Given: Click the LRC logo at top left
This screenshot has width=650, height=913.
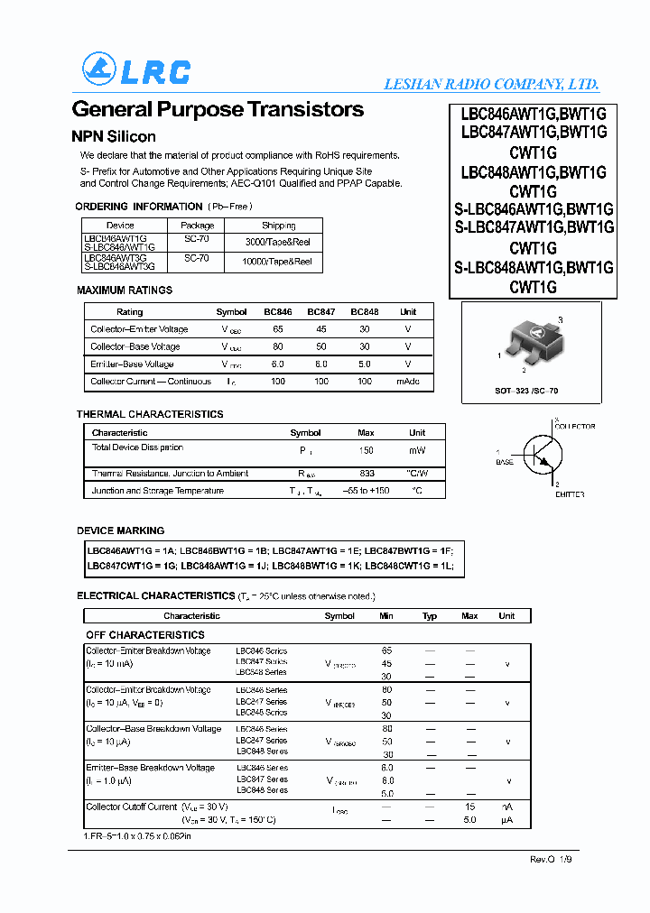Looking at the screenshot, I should pos(135,69).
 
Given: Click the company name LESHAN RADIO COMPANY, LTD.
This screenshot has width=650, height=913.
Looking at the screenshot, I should pos(491,84).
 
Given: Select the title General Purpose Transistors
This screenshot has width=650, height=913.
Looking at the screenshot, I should pos(218,110).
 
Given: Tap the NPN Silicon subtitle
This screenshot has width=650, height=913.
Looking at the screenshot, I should pos(114,137).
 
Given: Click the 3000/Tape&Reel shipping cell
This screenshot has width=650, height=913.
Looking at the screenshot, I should pos(278,242).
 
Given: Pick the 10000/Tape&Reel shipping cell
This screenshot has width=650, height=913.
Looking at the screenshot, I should pos(278,262).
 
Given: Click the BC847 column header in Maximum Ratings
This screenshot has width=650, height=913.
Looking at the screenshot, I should pos(320,312).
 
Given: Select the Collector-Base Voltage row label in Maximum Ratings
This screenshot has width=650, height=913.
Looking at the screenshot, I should pos(135,346).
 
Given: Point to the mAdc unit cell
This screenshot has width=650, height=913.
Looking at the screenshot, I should pos(408,382).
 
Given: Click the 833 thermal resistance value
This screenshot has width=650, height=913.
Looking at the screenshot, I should pos(367,473).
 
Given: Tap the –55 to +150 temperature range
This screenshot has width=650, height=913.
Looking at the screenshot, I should pos(367,491).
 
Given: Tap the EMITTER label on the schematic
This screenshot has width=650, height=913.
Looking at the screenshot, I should pos(569,494).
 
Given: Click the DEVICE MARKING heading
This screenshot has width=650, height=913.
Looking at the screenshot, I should pos(121,530).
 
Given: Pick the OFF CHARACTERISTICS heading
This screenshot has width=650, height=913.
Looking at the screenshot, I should pos(145,635).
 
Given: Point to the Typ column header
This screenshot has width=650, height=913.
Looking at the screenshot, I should pos(430,616).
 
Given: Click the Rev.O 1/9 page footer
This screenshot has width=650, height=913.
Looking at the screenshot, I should pos(551,860).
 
